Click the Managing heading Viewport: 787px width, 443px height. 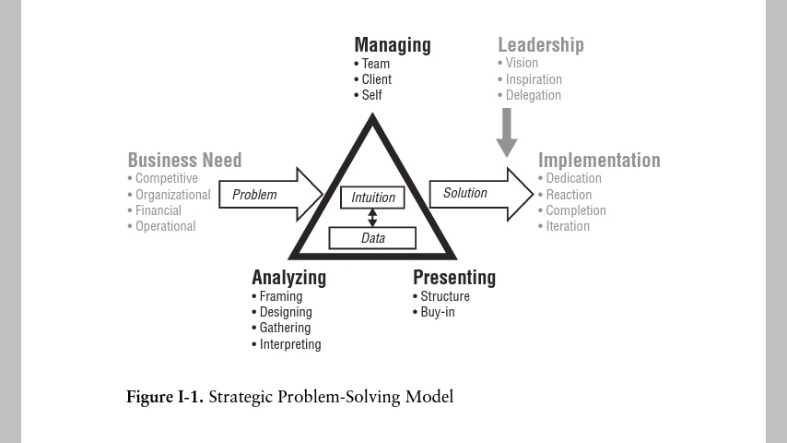(392, 44)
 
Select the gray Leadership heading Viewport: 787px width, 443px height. (540, 44)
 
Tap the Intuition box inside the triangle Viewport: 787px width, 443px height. (373, 197)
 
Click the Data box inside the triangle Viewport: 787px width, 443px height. (373, 238)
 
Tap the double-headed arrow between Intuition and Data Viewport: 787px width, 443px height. (373, 217)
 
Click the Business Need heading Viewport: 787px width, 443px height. (184, 160)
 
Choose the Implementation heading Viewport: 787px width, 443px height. (599, 160)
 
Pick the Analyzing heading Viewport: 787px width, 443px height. (288, 277)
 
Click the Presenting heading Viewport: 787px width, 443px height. (453, 277)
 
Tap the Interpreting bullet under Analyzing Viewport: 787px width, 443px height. (289, 344)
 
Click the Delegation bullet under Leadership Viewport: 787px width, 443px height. (533, 95)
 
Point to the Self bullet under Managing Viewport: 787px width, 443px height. (371, 95)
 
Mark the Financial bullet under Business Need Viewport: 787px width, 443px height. (159, 210)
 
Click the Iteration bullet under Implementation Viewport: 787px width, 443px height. (567, 226)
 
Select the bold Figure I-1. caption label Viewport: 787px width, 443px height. (165, 398)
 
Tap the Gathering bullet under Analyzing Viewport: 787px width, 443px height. (285, 328)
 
